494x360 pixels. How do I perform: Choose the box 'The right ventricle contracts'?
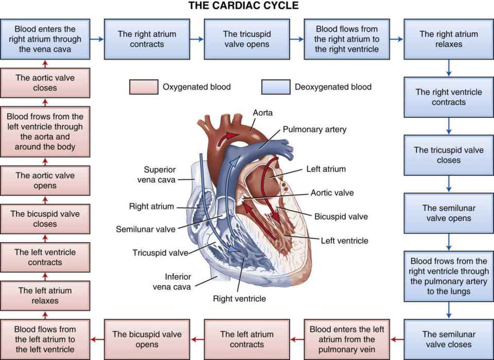449,97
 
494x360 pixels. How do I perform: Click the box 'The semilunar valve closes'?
449,339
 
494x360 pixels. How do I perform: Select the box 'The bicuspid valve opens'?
147,339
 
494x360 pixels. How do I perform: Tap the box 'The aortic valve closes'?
45,83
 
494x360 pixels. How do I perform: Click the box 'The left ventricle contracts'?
45,257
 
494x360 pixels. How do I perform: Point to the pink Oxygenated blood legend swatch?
143,87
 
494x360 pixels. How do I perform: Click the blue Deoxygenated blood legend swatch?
275,87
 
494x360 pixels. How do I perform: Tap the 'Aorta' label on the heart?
263,112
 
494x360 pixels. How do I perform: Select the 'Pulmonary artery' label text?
314,129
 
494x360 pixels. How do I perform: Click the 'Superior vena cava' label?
159,174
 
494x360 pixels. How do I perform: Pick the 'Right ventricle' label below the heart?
239,298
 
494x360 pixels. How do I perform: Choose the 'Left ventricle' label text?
344,240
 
